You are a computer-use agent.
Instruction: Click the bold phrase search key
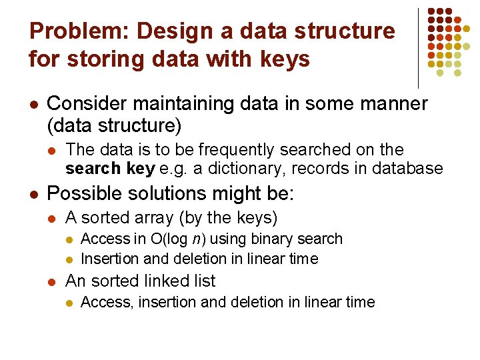(x=110, y=168)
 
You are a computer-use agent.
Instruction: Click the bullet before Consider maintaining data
(x=34, y=104)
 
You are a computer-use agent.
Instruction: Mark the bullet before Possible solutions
(x=34, y=195)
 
